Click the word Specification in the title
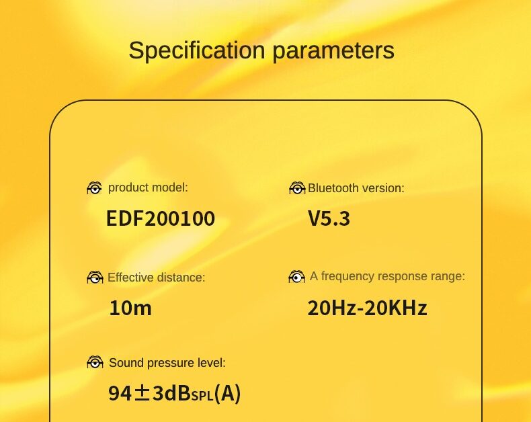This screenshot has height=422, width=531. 197,50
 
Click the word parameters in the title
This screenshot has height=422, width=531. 333,52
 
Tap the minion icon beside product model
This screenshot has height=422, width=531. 95,188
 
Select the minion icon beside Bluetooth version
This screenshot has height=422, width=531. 297,188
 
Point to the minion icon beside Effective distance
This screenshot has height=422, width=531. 95,278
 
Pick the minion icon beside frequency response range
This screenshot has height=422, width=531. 296,277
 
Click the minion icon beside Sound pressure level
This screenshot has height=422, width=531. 95,362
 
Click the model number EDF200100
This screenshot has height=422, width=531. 161,218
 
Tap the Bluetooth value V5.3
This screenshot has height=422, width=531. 329,218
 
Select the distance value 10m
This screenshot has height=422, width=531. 130,308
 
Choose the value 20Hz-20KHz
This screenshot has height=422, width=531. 367,308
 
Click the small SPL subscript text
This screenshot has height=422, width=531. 202,395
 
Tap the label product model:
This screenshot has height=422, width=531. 148,187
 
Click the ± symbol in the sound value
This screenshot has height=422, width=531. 142,394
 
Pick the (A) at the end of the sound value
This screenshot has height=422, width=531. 228,394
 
